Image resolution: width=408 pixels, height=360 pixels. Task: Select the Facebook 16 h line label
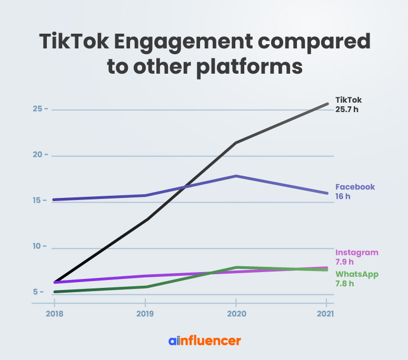click(355, 192)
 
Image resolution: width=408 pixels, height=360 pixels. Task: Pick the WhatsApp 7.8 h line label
click(357, 279)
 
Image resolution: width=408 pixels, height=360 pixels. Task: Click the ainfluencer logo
click(204, 341)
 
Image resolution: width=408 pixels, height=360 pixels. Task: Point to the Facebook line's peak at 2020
click(236, 176)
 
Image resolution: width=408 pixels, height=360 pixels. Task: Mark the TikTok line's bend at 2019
click(145, 219)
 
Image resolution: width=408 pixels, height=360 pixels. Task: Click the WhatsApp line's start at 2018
click(54, 292)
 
